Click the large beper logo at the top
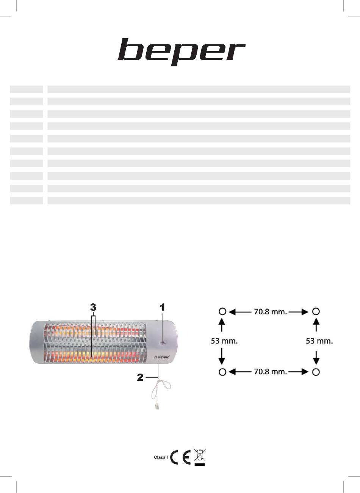click(x=182, y=52)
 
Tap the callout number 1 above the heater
click(x=163, y=307)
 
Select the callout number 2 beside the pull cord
click(x=140, y=377)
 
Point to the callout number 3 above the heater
click(x=93, y=307)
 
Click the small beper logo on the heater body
click(x=162, y=357)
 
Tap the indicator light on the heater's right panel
click(x=163, y=342)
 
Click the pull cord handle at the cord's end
click(x=157, y=407)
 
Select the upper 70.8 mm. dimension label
click(x=271, y=312)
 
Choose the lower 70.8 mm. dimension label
click(x=271, y=372)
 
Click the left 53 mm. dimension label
click(x=224, y=341)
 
